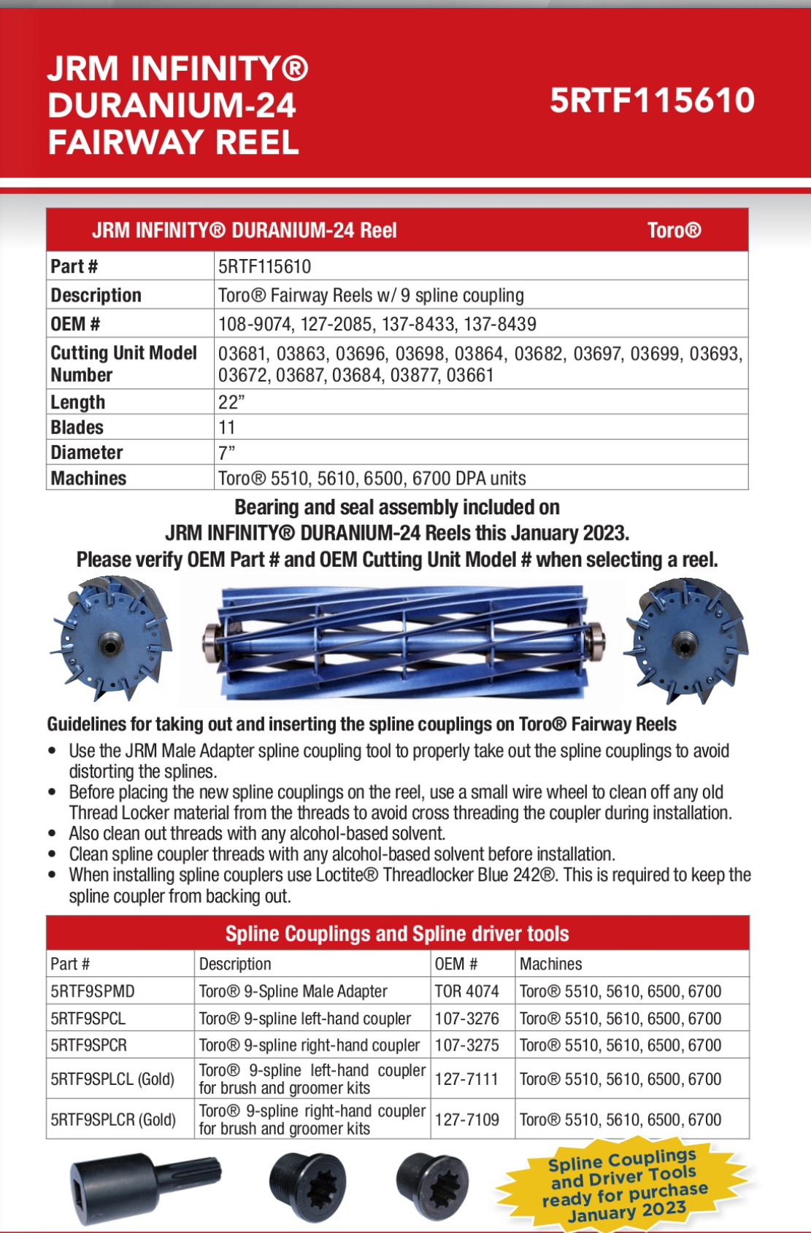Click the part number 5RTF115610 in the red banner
[x=652, y=101]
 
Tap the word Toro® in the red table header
[x=674, y=231]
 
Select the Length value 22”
[x=231, y=402]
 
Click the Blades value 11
[x=227, y=428]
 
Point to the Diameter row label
[x=87, y=452]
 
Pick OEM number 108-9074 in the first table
[x=250, y=324]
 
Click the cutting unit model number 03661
[x=470, y=375]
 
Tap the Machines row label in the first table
[x=88, y=478]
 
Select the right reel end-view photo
[x=686, y=640]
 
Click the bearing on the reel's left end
[x=212, y=641]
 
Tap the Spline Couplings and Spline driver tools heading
[x=397, y=934]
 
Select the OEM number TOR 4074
[x=467, y=992]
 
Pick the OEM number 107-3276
[x=467, y=1019]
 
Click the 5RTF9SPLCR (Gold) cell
[x=113, y=1119]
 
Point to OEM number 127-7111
[x=467, y=1079]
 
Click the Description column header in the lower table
[x=235, y=964]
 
